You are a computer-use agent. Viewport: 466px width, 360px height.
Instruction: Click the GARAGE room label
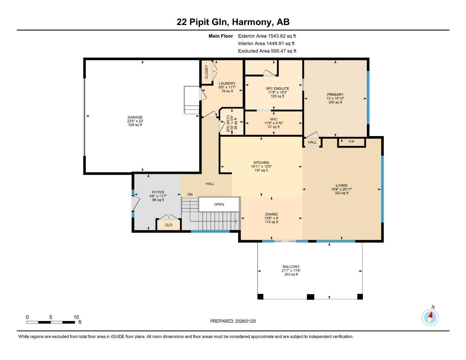point(135,117)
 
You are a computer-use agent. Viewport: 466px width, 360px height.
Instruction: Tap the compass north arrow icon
point(430,317)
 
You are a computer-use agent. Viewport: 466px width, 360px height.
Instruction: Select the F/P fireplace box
point(351,142)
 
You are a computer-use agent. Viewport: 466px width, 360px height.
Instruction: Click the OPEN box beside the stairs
point(219,204)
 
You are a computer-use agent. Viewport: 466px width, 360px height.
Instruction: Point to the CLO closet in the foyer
point(168,225)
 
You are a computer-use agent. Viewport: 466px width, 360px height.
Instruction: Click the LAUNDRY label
point(227,84)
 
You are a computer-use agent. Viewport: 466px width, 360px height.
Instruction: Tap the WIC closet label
point(274,119)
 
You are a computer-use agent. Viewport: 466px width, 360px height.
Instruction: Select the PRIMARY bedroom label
point(335,95)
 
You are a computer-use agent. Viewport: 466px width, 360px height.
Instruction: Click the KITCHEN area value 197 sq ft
point(261,171)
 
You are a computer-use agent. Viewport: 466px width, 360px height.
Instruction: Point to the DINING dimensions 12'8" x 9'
point(271,218)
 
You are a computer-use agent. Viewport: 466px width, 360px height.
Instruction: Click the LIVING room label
point(341,185)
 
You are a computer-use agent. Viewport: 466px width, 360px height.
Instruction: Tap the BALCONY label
point(291,267)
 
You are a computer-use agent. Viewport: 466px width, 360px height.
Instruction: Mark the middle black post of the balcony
point(310,297)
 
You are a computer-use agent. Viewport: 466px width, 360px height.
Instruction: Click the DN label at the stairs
point(190,194)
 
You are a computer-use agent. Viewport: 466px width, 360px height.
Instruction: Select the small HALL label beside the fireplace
point(312,142)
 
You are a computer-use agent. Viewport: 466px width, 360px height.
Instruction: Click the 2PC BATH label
point(228,124)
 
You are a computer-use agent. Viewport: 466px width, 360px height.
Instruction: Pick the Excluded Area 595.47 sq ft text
point(267,51)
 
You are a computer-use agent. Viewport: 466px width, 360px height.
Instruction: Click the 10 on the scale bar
point(76,317)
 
